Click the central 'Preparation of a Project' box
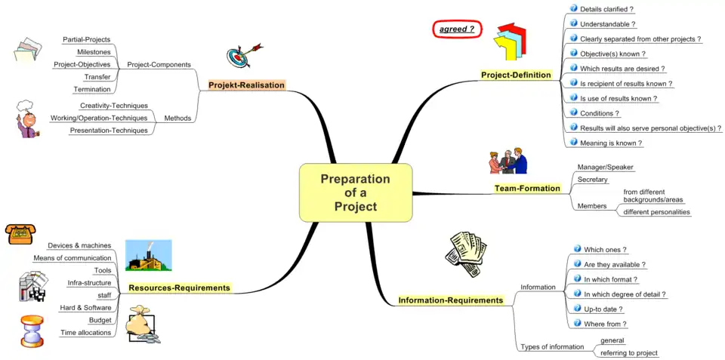tap(355, 192)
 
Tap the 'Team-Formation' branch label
tap(527, 188)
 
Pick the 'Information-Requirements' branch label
tap(450, 300)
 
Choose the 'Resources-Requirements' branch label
tap(179, 288)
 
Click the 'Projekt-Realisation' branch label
tap(247, 85)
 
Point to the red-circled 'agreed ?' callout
tap(458, 29)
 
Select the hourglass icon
tap(31, 330)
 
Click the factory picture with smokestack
tap(149, 255)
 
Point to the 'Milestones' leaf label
tap(94, 52)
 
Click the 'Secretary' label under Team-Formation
tap(592, 180)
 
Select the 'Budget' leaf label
tap(100, 320)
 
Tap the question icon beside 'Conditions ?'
tap(573, 112)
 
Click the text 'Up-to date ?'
tap(603, 309)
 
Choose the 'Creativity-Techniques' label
tap(114, 106)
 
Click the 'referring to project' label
tap(628, 352)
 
